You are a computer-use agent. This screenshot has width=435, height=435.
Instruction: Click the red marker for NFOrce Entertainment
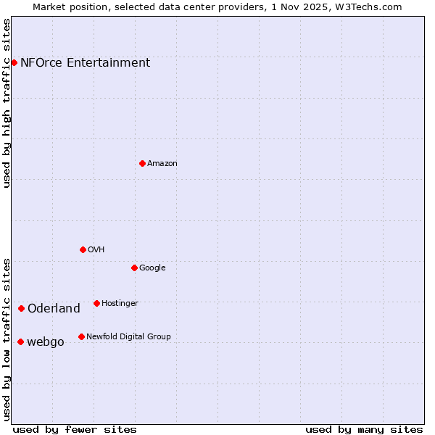pos(14,62)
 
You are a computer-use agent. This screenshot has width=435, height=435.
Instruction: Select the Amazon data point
pos(142,163)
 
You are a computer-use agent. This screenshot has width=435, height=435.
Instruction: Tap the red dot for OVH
pos(83,249)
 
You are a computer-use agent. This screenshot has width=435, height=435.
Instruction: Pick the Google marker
pos(134,268)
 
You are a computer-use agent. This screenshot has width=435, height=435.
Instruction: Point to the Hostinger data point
pos(96,303)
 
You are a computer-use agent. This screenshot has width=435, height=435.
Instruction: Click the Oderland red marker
pos(21,308)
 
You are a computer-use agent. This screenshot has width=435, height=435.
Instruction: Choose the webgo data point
pos(20,341)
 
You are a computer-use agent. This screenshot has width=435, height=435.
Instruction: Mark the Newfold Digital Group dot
pos(81,336)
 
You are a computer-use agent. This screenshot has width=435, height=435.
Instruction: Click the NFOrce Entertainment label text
pos(85,62)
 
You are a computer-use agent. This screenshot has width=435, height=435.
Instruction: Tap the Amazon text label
pos(162,163)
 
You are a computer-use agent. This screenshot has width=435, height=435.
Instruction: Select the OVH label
pos(96,249)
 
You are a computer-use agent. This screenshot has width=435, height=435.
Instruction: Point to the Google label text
pos(152,268)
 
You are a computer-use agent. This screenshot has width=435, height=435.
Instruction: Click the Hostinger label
pos(120,303)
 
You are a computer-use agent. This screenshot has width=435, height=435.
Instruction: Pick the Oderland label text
pos(54,309)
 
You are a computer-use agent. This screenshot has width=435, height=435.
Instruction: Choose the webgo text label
pos(45,342)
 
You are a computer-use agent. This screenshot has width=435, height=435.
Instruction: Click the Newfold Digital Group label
pos(128,336)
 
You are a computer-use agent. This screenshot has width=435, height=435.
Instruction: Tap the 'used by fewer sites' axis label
pos(75,429)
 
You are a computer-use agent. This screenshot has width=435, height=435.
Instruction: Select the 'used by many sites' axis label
pos(364,429)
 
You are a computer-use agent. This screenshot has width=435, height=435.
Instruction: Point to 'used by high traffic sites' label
pos(7,103)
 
